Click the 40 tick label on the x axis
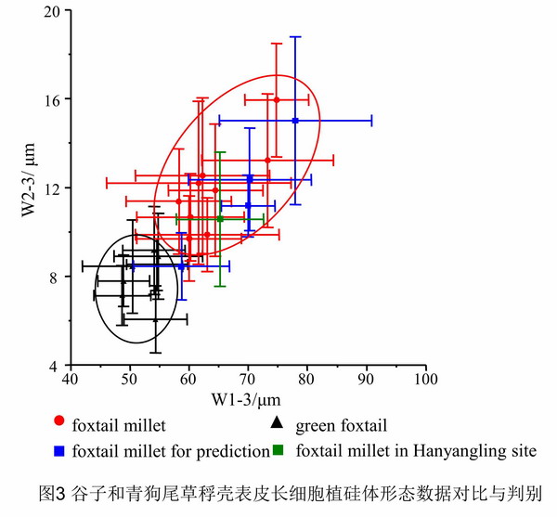pos(71,380)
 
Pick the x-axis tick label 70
pos(248,380)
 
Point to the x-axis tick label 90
pos(366,380)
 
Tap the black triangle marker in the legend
pos(276,426)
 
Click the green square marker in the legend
pos(278,452)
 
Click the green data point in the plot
pos(220,218)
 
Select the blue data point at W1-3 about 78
pos(295,121)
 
